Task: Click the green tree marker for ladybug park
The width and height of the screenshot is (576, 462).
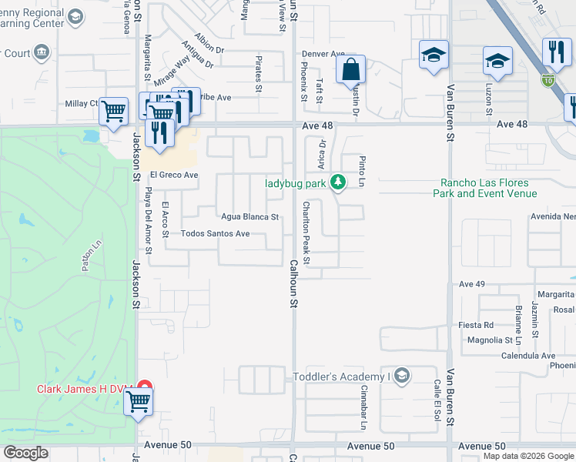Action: click(337, 182)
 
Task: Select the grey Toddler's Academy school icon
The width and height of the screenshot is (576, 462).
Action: click(402, 376)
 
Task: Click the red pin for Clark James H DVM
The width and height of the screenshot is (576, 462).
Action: click(144, 387)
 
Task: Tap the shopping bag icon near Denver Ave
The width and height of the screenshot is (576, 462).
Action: click(350, 69)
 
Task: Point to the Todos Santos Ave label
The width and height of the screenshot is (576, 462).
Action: click(215, 233)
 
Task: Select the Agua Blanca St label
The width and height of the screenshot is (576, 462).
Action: click(249, 217)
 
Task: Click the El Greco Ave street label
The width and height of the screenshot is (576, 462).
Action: click(174, 176)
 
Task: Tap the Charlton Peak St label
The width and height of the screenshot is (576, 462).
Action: click(306, 233)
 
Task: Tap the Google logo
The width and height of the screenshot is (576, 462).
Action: click(25, 453)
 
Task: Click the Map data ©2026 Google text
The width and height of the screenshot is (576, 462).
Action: click(527, 457)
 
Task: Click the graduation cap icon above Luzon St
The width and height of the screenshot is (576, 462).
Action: click(497, 60)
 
